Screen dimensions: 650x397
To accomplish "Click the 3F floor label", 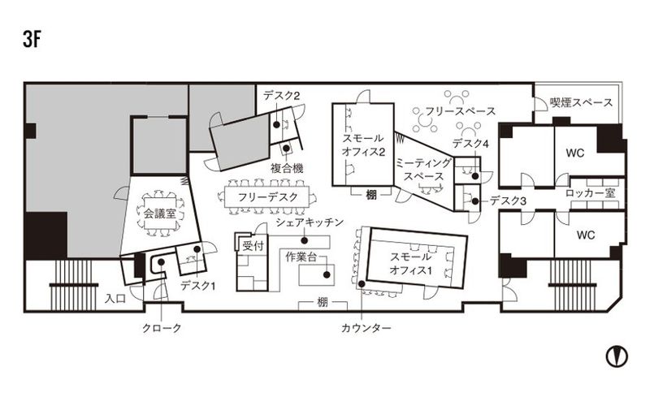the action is [x=32, y=40].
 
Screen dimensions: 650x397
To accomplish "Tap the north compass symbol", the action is [x=617, y=356].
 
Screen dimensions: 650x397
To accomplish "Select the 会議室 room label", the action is [x=159, y=214].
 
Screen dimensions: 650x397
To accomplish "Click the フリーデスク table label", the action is [x=268, y=197].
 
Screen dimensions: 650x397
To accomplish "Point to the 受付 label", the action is [x=253, y=246].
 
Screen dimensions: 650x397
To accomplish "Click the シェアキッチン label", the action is [x=310, y=222].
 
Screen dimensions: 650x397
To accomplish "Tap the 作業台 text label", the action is [x=301, y=257].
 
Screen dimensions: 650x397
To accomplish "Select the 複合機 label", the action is [x=287, y=168].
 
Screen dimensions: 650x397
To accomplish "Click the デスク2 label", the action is [x=281, y=96].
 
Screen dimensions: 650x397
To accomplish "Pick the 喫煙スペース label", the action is [x=581, y=102].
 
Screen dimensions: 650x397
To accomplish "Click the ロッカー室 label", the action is [x=591, y=193].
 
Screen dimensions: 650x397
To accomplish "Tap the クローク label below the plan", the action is [x=162, y=328].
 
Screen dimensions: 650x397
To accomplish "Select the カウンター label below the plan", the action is [x=366, y=328].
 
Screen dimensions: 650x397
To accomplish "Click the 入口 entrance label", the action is [x=115, y=299].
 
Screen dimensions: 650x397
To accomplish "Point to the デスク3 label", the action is [x=508, y=201].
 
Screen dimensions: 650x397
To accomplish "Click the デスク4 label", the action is [x=470, y=144].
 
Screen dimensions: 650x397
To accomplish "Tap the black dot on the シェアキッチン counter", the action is [x=304, y=240].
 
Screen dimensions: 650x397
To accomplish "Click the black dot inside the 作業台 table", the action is [x=327, y=274].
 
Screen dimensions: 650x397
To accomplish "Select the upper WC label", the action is [x=574, y=153].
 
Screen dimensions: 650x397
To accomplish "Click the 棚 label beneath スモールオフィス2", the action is [x=371, y=195].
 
